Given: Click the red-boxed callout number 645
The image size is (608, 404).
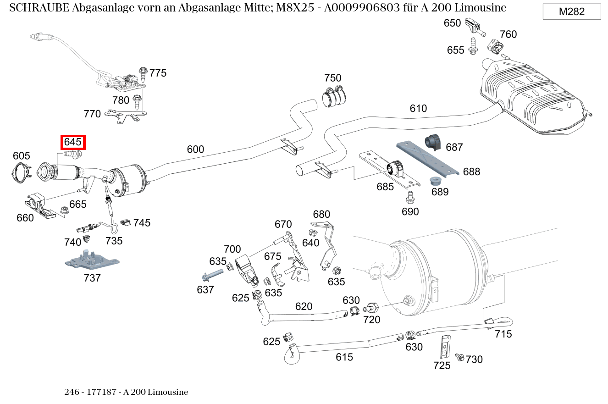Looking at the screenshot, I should [x=72, y=142].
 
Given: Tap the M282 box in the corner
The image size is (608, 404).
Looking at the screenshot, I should [x=571, y=12].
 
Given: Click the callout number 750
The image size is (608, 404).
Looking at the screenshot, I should [x=333, y=77].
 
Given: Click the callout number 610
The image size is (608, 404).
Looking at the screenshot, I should [x=418, y=109].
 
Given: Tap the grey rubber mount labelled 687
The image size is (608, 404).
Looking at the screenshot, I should [x=433, y=142].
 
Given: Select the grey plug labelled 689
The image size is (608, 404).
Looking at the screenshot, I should [x=436, y=180].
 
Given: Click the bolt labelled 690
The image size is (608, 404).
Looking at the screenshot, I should [x=410, y=198].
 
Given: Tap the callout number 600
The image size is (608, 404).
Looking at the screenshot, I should [x=195, y=149].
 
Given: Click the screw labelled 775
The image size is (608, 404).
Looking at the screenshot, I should [x=143, y=73].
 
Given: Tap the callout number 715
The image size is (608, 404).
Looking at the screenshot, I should [x=503, y=334].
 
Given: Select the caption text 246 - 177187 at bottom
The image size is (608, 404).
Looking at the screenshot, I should [x=93, y=393].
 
